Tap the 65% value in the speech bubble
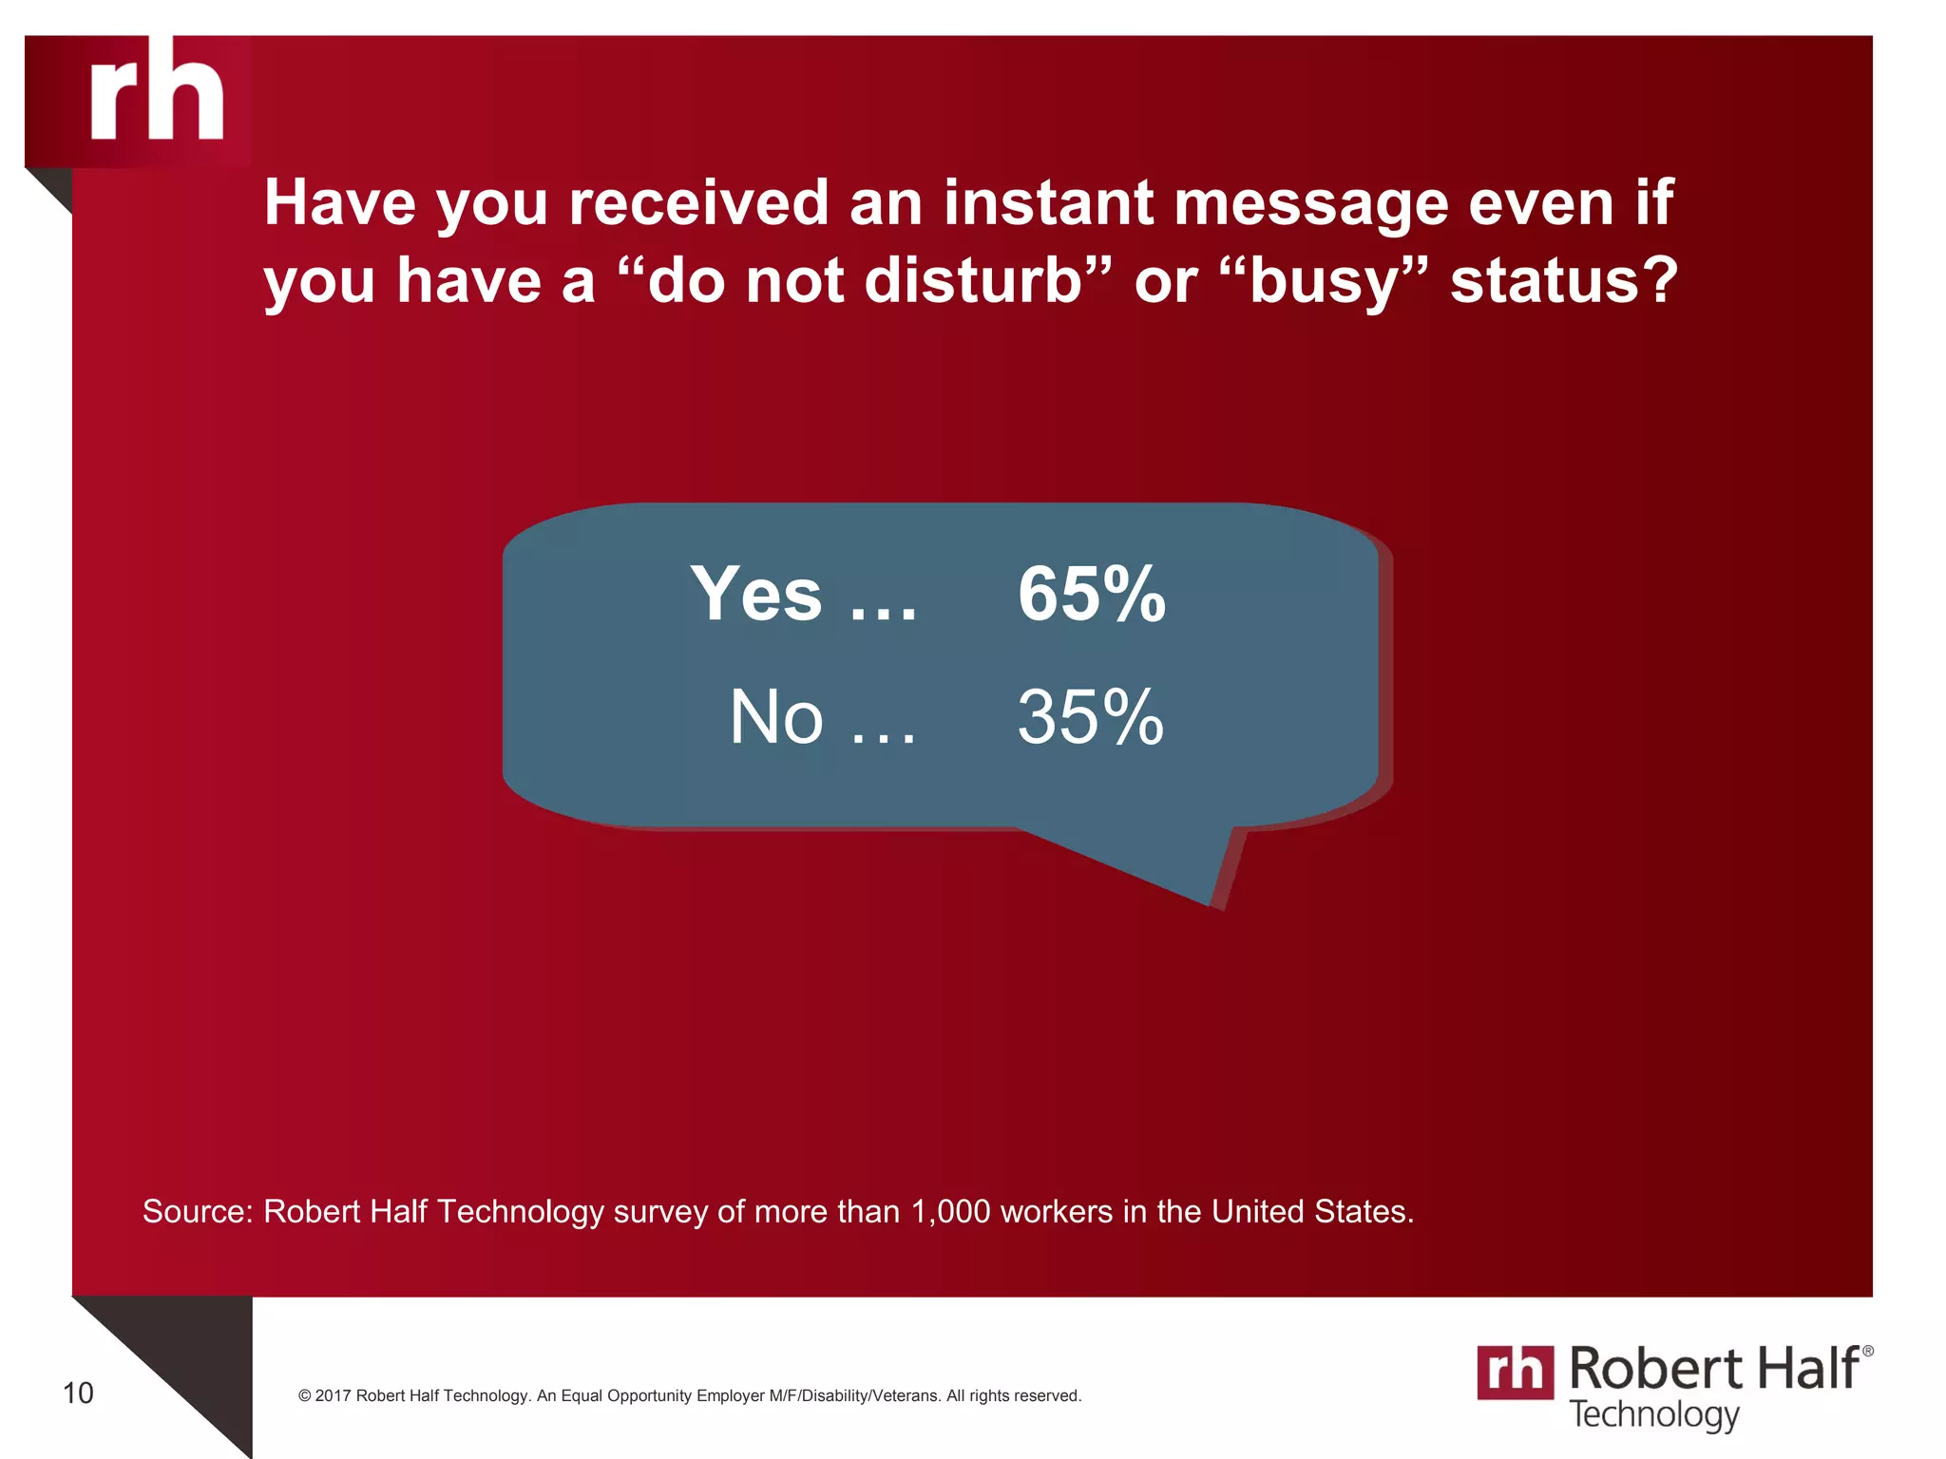1091,595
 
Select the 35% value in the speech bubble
1090,717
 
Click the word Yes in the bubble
755,595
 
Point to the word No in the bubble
775,717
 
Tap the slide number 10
78,1393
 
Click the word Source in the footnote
196,1212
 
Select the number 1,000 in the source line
950,1212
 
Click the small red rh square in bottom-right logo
1515,1373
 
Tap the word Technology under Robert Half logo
1654,1414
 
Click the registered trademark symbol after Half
1867,1351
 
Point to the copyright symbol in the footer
305,1396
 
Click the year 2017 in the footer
334,1396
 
